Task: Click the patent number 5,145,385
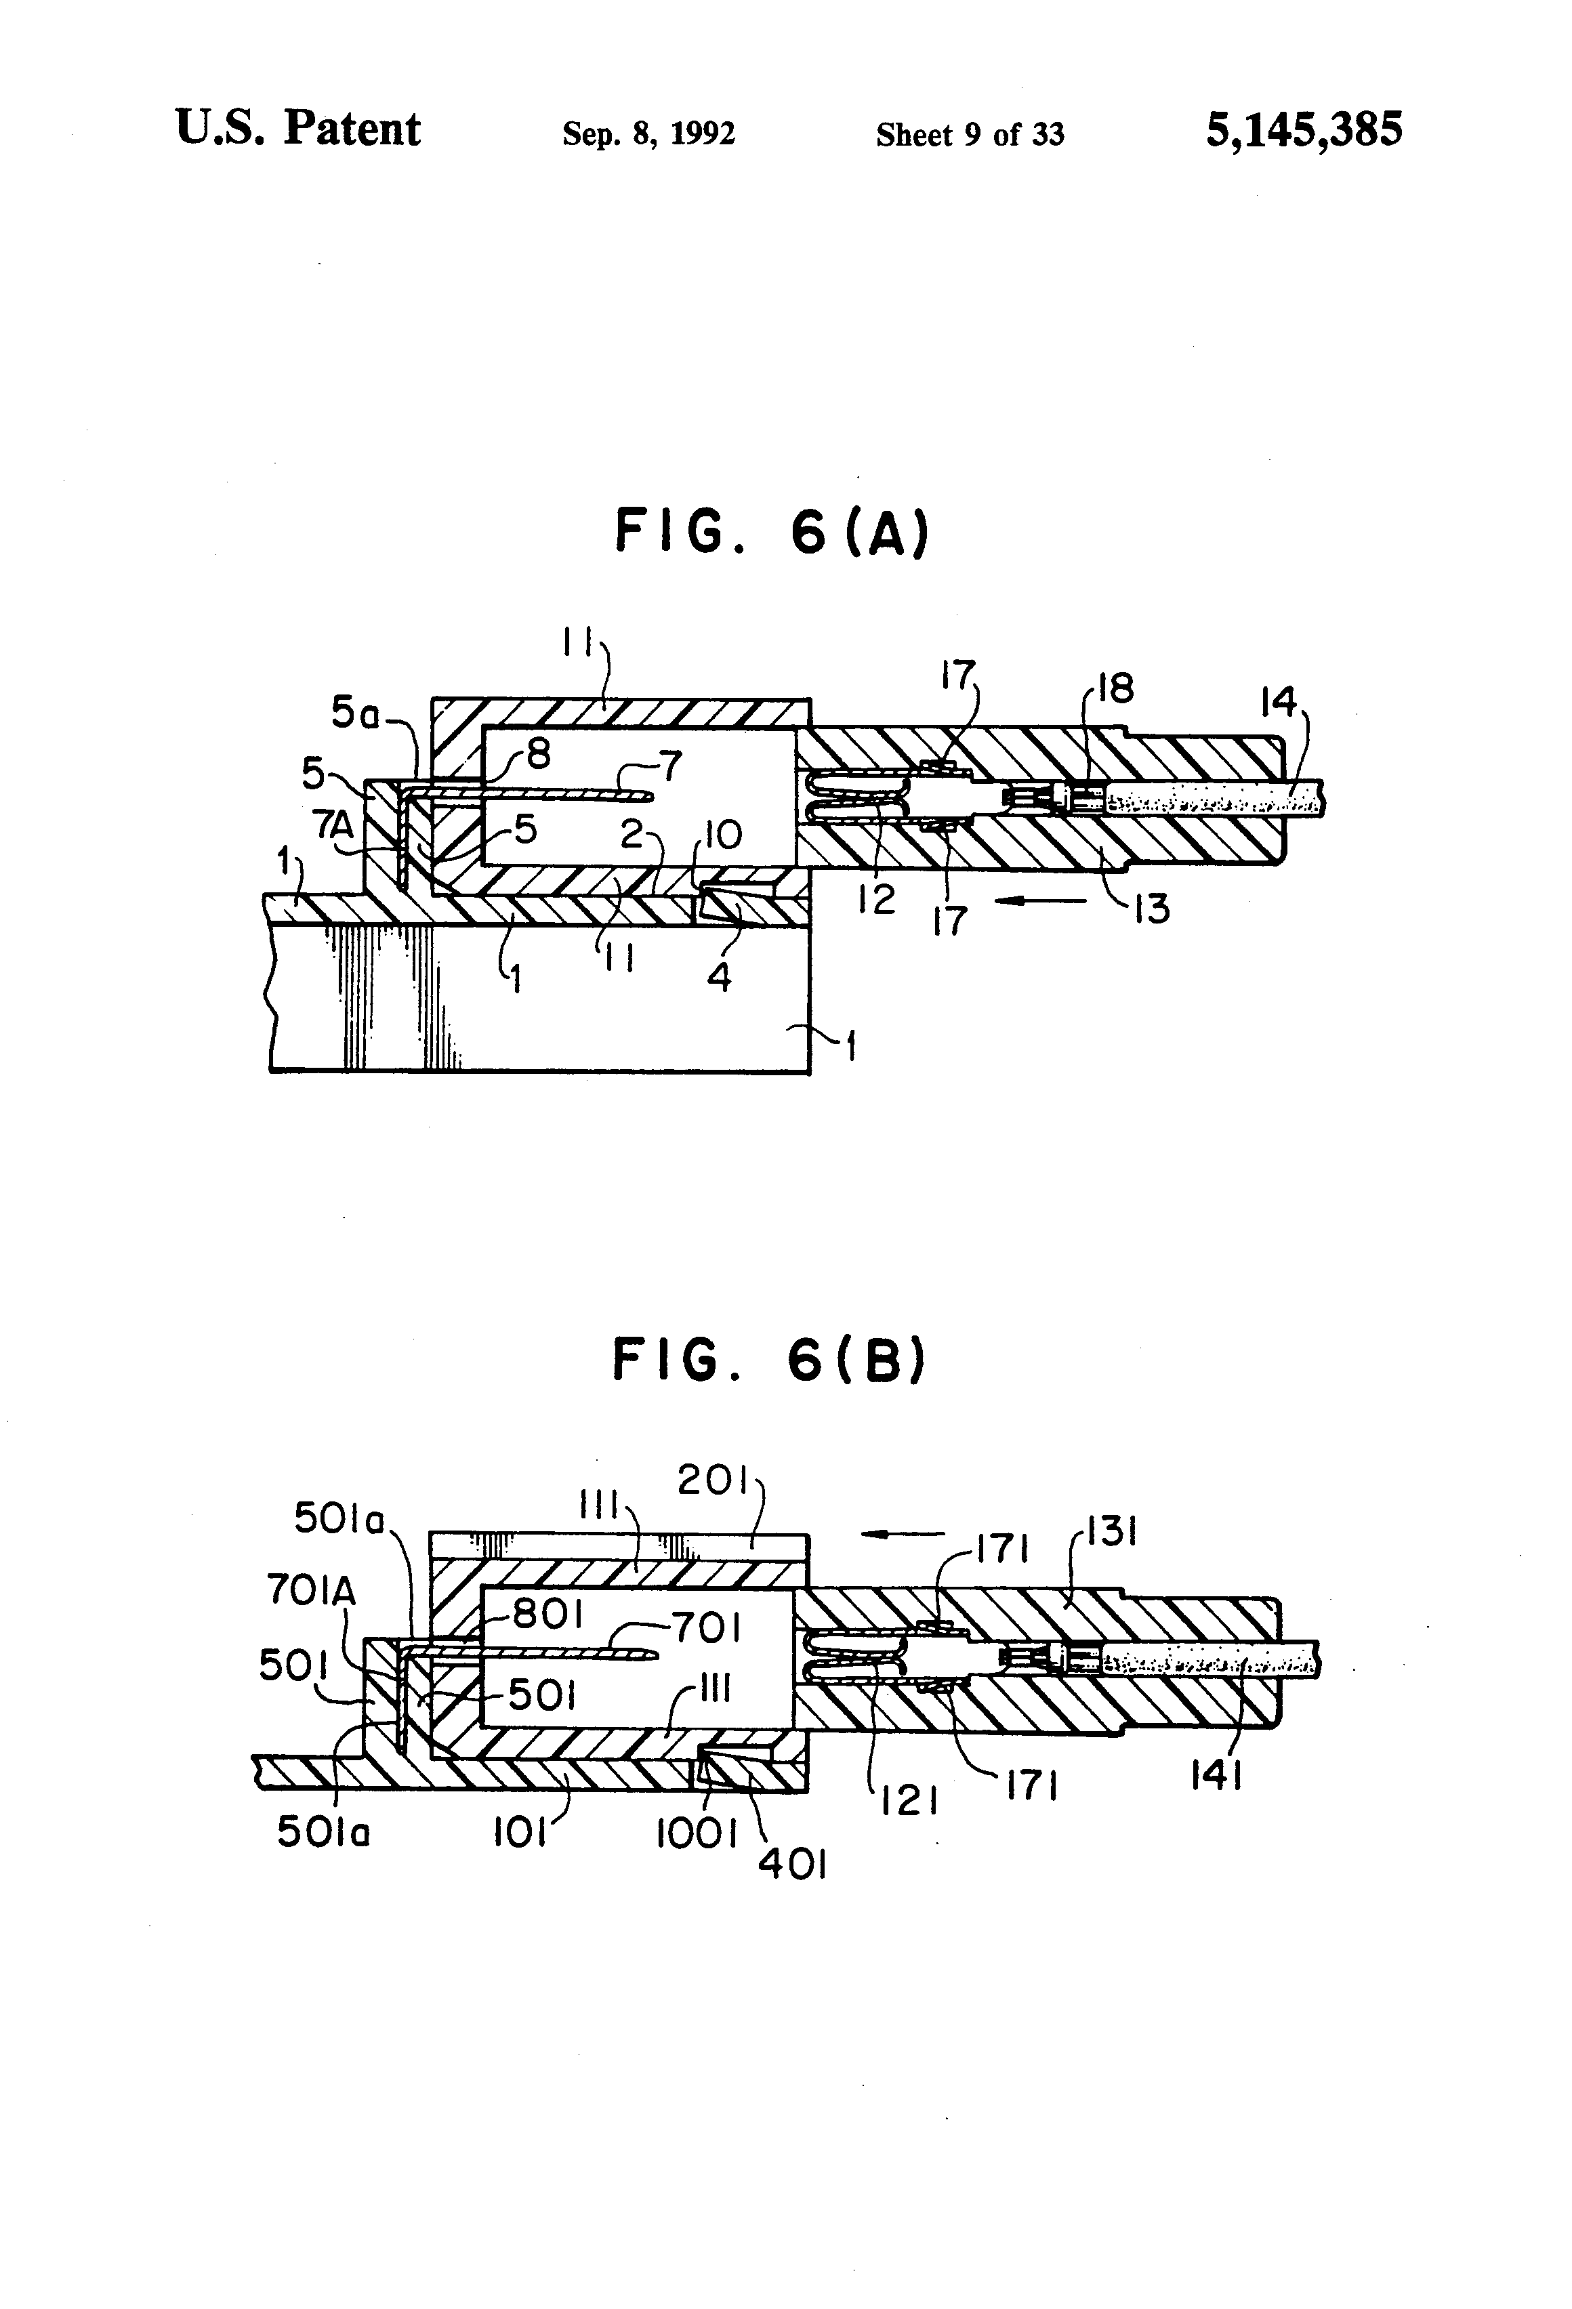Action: [x=1303, y=130]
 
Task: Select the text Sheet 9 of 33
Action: [x=969, y=134]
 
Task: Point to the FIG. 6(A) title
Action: [x=772, y=532]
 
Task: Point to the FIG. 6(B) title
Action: [x=769, y=1360]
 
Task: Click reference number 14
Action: [x=1278, y=703]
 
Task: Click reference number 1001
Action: [x=696, y=1834]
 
